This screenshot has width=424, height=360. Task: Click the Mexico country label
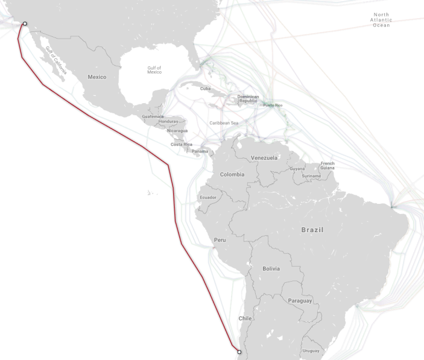pyautogui.click(x=97, y=77)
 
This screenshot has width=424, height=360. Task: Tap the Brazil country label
pyautogui.click(x=312, y=230)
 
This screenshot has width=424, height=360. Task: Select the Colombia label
pyautogui.click(x=232, y=174)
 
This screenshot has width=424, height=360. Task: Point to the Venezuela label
pyautogui.click(x=264, y=158)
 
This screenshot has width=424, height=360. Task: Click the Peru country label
pyautogui.click(x=220, y=240)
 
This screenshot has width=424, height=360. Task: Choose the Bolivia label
pyautogui.click(x=271, y=268)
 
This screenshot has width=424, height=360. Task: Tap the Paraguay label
pyautogui.click(x=300, y=300)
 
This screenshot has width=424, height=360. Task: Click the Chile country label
pyautogui.click(x=245, y=318)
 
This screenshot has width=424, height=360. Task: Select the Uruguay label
pyautogui.click(x=311, y=350)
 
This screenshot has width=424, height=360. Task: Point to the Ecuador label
pyautogui.click(x=207, y=197)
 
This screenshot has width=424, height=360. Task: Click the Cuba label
pyautogui.click(x=206, y=89)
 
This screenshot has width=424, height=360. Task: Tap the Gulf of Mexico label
pyautogui.click(x=154, y=70)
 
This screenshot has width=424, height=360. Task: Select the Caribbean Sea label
pyautogui.click(x=224, y=123)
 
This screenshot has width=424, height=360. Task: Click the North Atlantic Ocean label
pyautogui.click(x=381, y=20)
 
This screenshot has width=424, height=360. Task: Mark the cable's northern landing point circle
pyautogui.click(x=25, y=24)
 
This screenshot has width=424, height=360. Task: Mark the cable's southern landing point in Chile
pyautogui.click(x=239, y=352)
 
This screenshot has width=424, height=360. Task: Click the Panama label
pyautogui.click(x=200, y=151)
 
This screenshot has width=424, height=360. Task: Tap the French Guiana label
pyautogui.click(x=327, y=165)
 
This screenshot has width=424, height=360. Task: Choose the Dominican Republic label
pyautogui.click(x=248, y=98)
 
